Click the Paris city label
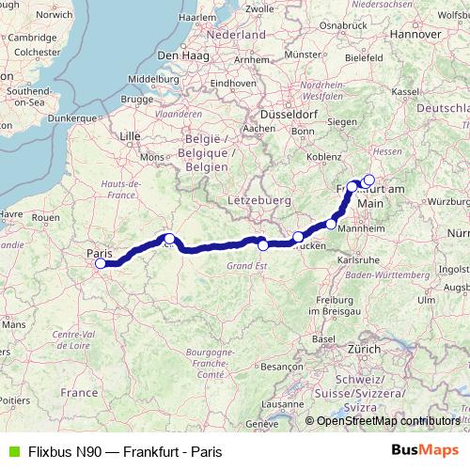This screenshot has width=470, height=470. pyautogui.click(x=99, y=253)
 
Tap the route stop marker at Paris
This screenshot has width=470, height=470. pyautogui.click(x=101, y=264)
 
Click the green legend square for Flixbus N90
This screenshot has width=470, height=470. pyautogui.click(x=11, y=450)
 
